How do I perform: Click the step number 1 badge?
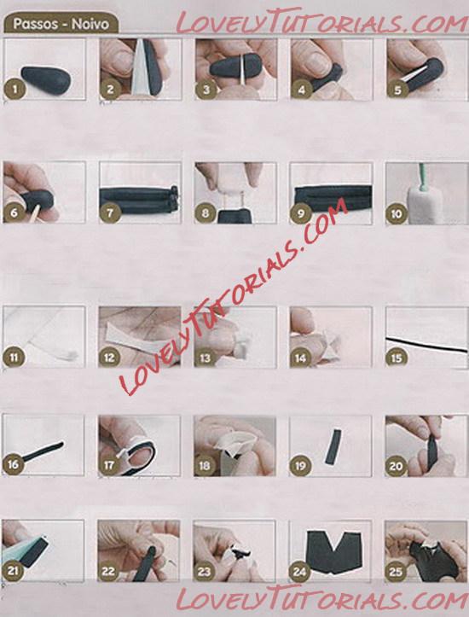coord(15,88)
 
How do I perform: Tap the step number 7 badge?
coord(110,212)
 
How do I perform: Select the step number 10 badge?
coord(397,213)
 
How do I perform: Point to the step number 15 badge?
coord(397,358)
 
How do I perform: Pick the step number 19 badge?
coord(300,466)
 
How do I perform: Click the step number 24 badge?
coord(299,572)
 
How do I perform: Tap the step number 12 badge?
coord(109,358)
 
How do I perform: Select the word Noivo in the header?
coord(90,24)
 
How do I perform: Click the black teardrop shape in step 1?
coord(46,80)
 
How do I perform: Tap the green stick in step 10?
coord(422,177)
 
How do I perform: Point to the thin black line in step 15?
coord(427,345)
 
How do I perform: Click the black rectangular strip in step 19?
coord(333,446)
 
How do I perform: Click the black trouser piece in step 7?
coord(139,200)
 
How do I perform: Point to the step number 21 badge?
coord(13,570)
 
